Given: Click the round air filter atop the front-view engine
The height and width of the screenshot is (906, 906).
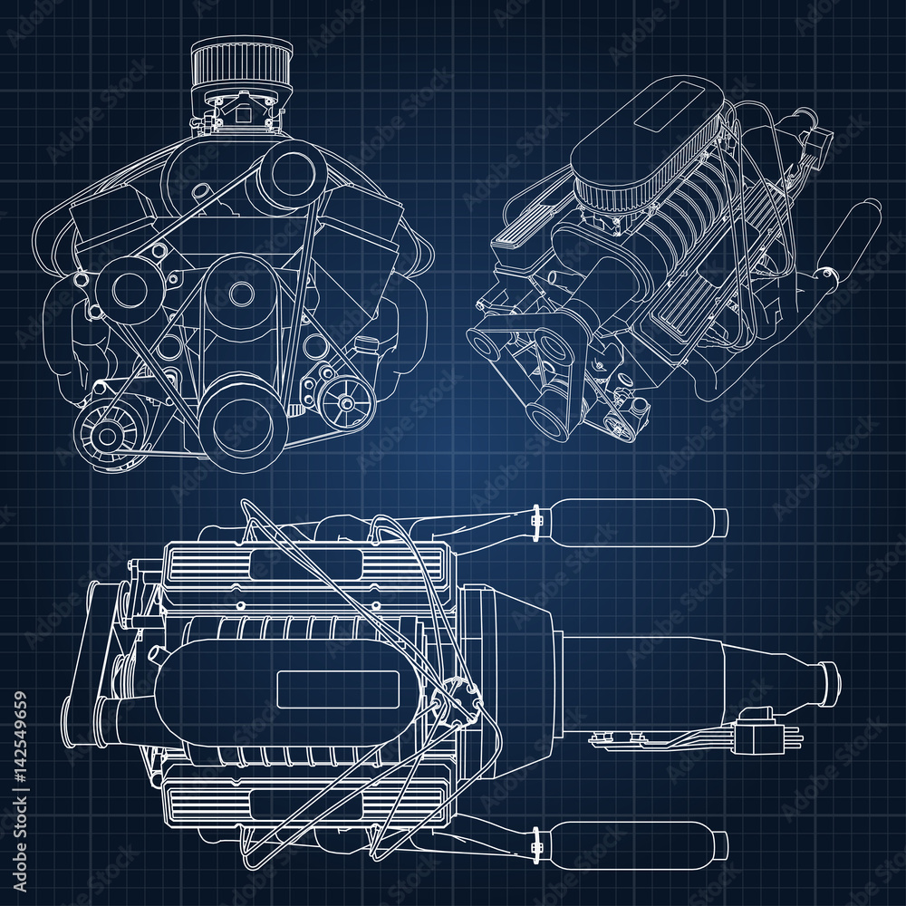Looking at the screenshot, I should pyautogui.click(x=241, y=63).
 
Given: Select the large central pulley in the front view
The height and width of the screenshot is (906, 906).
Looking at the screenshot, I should pyautogui.click(x=241, y=294).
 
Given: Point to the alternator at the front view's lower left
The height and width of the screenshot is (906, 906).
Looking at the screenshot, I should pyautogui.click(x=107, y=436).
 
